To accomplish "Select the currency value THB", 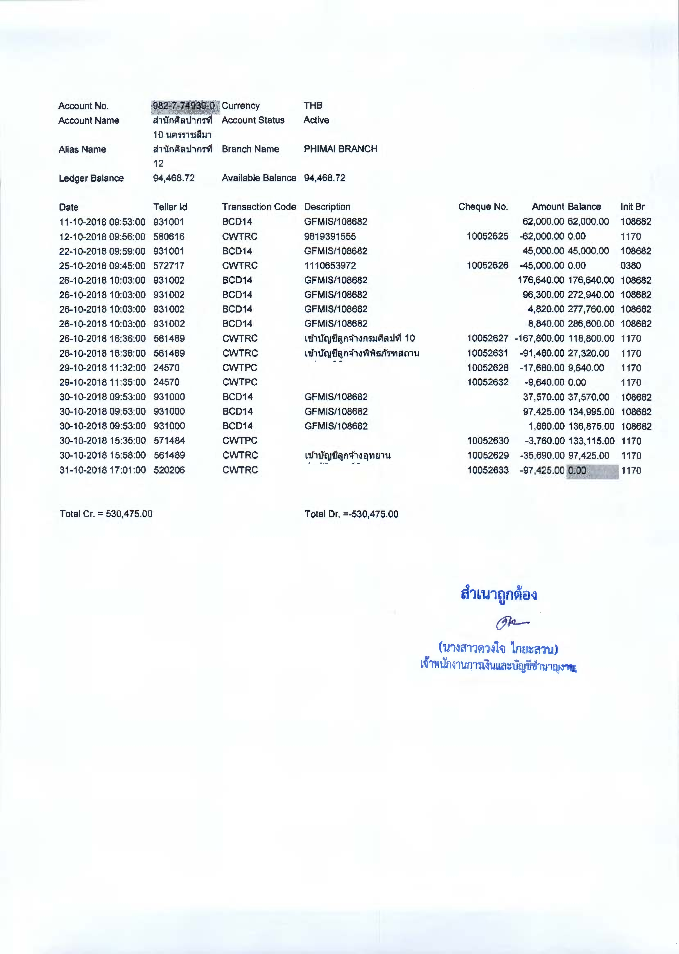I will coord(313,106).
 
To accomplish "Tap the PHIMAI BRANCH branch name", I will coord(340,149).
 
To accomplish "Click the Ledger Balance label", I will coord(91,178).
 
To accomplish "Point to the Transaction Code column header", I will coord(259,207).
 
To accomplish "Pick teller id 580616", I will coord(168,236).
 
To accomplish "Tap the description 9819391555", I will coord(330,236).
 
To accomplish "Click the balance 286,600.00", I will coord(591,324).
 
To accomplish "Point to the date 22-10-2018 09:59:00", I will coord(102,251).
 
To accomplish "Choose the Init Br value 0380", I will coord(630,266).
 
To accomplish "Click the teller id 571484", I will coord(169,441).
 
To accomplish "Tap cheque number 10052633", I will coord(488,470).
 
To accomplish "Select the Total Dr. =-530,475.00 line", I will coord(351,514).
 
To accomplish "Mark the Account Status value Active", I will coord(316,120).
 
